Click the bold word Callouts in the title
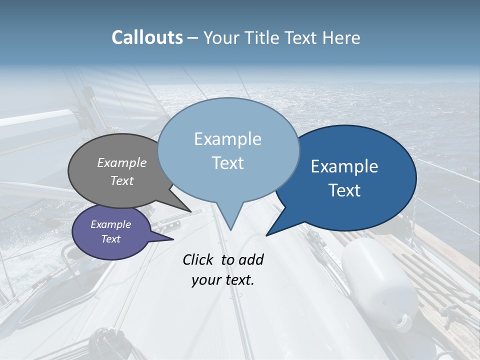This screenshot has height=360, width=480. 147,37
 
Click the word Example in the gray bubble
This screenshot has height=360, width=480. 121,162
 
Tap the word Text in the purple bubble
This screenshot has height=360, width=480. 111,239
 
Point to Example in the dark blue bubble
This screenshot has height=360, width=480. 344,166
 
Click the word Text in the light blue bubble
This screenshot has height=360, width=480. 228,163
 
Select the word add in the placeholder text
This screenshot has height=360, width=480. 250,259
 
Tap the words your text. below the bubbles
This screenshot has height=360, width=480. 223,280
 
